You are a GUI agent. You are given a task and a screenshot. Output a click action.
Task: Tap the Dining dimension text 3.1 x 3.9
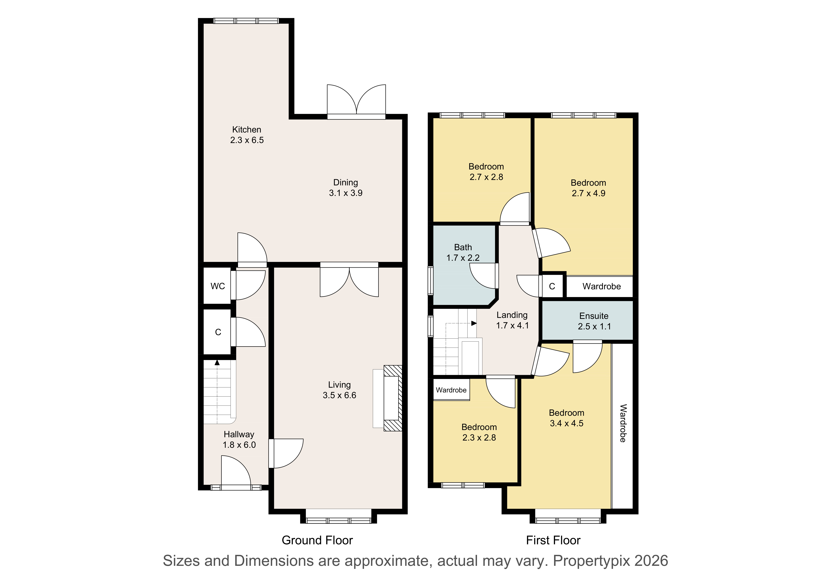346,193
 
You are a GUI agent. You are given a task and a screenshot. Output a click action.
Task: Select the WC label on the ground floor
218,286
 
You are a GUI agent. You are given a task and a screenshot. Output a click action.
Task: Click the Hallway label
239,434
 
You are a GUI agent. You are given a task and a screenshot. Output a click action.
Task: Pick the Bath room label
463,247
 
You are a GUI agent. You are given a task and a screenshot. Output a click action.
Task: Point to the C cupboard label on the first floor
552,286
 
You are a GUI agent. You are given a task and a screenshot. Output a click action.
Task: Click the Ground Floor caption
317,540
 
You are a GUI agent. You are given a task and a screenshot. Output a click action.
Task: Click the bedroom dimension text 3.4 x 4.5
567,423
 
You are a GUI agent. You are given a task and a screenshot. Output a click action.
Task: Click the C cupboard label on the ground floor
218,332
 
